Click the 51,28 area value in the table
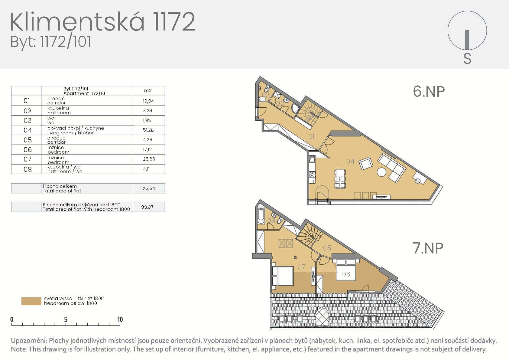(x=148, y=130)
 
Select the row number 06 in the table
(x=28, y=149)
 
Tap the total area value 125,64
(x=148, y=188)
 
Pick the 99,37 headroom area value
(x=148, y=207)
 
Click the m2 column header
(x=148, y=90)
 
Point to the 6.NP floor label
(x=429, y=91)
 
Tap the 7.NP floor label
(x=428, y=248)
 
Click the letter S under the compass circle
(x=467, y=59)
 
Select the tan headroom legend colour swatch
(x=31, y=301)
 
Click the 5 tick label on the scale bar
(x=66, y=319)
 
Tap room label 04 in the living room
(x=350, y=161)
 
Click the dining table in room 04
(x=340, y=179)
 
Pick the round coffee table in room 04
(x=381, y=172)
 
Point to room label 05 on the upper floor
(x=327, y=248)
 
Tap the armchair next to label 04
(x=366, y=164)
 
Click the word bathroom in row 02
(x=59, y=113)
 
